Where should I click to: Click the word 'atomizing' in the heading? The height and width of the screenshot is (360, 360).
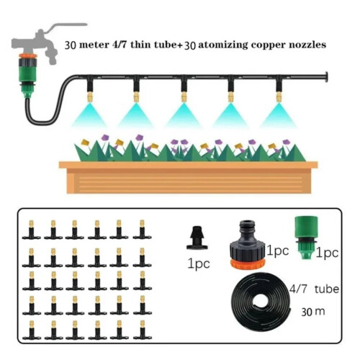[x=222, y=45]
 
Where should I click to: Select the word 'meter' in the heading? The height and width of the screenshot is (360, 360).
[x=94, y=45]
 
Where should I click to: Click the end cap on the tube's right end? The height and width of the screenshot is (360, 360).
[x=326, y=77]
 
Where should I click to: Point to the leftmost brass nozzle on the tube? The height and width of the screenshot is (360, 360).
[x=89, y=96]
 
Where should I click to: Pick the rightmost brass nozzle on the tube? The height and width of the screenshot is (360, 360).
[x=279, y=96]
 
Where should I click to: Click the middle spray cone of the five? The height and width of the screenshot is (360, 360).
[x=184, y=115]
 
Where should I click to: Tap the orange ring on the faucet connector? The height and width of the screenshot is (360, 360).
[x=28, y=56]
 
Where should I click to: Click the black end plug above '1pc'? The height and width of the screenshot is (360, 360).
[x=197, y=238]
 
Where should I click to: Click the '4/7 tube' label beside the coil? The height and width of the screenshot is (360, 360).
[x=315, y=289]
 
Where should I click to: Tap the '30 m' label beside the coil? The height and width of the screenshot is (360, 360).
[x=313, y=312]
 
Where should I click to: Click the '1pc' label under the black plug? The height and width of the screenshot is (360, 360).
[x=199, y=264]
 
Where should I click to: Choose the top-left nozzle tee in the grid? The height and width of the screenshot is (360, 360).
[x=32, y=230]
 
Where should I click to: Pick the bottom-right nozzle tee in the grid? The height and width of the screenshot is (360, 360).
[x=143, y=330]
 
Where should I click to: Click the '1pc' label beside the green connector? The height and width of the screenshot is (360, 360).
[x=327, y=253]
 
